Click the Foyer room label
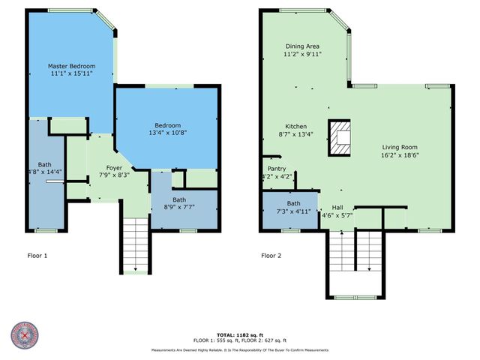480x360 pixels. (114, 168)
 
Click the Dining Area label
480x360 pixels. (303, 46)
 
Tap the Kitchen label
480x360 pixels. (295, 126)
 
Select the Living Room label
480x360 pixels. (399, 148)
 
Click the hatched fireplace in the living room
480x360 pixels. (341, 137)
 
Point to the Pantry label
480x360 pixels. (275, 169)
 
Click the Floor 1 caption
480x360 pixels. (35, 256)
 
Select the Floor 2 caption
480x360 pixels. (271, 256)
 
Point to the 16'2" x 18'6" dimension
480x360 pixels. (399, 157)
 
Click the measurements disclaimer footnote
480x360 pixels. (239, 350)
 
